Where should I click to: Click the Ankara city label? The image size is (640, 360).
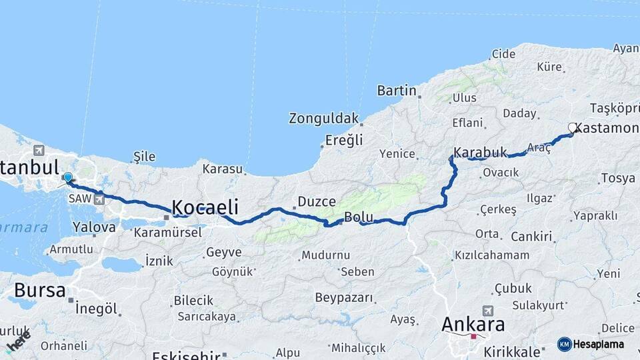(x=473, y=325)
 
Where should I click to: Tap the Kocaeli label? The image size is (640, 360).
(x=205, y=206)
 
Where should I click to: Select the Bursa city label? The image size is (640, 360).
(x=40, y=291)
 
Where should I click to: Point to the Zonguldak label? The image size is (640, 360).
(x=323, y=119)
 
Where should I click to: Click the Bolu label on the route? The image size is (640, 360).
(x=358, y=217)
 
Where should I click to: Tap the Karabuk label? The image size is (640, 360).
(x=480, y=152)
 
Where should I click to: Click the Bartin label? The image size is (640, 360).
(x=397, y=90)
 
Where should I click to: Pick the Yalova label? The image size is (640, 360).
(x=94, y=227)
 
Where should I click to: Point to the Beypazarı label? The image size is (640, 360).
(x=345, y=297)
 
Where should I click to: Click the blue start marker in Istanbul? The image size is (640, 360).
(x=67, y=177)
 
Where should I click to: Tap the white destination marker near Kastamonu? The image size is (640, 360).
(x=572, y=127)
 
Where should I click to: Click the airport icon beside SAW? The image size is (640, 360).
(x=100, y=198)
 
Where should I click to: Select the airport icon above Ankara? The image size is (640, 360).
(x=488, y=311)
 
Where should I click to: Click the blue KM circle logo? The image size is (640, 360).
(x=565, y=344)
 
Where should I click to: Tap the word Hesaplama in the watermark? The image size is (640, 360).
(x=599, y=345)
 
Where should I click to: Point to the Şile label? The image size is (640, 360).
(x=144, y=157)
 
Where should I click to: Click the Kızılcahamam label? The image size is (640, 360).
(x=492, y=255)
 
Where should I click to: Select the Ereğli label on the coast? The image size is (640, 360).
(x=344, y=140)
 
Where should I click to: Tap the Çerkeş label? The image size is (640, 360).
(x=498, y=209)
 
